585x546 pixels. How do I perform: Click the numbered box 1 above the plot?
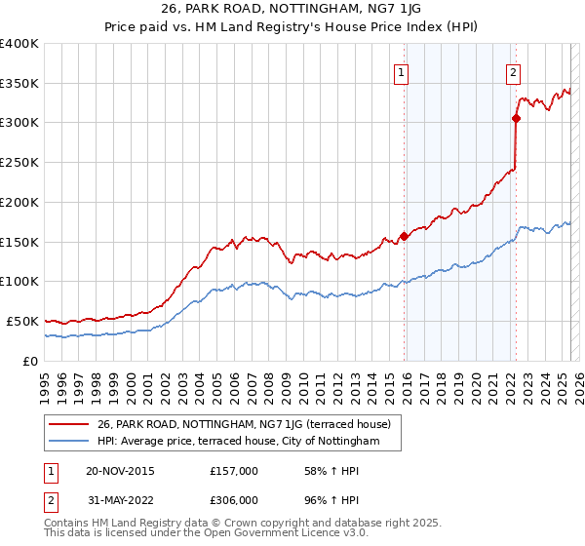[x=402, y=71]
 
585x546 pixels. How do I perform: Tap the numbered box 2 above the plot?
[x=513, y=71]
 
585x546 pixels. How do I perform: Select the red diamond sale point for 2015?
[x=404, y=236]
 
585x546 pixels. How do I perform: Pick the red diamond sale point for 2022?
[x=516, y=118]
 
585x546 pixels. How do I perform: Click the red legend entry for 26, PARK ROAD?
[x=244, y=424]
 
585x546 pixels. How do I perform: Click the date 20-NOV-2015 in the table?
[x=120, y=471]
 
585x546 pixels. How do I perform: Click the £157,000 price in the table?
[x=233, y=471]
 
